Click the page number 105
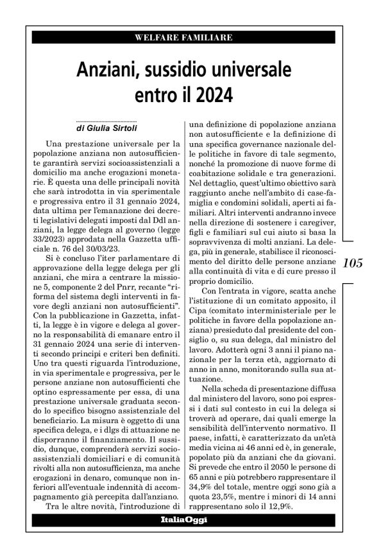[x=353, y=263]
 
